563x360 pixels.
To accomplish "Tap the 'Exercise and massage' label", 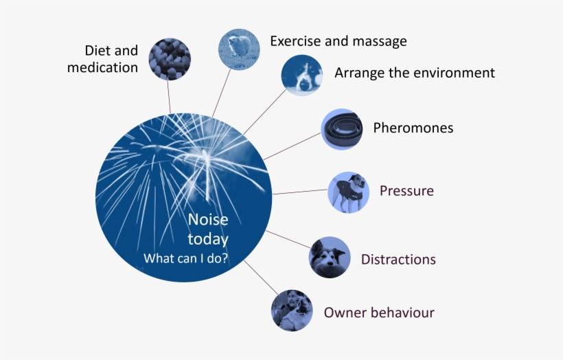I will [338, 41].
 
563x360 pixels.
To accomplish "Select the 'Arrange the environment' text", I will [414, 73].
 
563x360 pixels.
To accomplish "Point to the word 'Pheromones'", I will [413, 128].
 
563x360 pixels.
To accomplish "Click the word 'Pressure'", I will [406, 190].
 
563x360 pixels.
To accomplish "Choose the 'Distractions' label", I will [398, 259].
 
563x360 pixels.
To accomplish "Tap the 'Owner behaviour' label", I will [379, 313].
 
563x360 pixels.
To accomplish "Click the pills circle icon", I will [170, 59].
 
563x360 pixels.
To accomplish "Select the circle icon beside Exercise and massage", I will [239, 49].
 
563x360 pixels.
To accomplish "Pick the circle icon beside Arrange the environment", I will [301, 76].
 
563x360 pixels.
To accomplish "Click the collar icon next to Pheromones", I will [342, 129].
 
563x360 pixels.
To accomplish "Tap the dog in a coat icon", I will [349, 192].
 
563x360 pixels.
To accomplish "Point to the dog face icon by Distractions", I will [330, 258].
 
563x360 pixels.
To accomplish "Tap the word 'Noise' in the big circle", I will [208, 220].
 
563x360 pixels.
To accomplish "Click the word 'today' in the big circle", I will [208, 240].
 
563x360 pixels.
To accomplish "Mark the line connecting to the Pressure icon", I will [301, 192].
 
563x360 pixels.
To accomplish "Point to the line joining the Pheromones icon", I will [292, 146].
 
